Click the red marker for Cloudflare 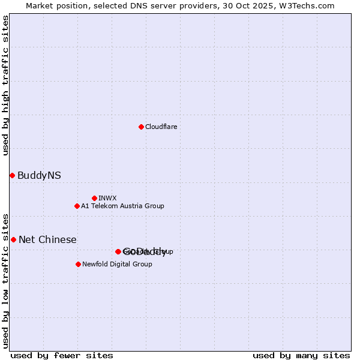(x=141, y=127)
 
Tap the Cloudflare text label (x=161, y=127)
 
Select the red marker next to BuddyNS (x=12, y=175)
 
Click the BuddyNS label (x=39, y=175)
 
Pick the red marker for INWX (x=94, y=198)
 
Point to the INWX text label (x=107, y=198)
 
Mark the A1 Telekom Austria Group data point (x=77, y=206)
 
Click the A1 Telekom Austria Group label (x=122, y=206)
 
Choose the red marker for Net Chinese (x=13, y=239)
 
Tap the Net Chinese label (x=47, y=239)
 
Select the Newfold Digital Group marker (x=78, y=264)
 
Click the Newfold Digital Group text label (x=117, y=264)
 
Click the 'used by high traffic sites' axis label (x=6, y=85)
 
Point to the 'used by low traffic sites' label (x=6, y=281)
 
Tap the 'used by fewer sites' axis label (x=62, y=355)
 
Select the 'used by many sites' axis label (x=301, y=355)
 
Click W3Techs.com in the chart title (x=308, y=5)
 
